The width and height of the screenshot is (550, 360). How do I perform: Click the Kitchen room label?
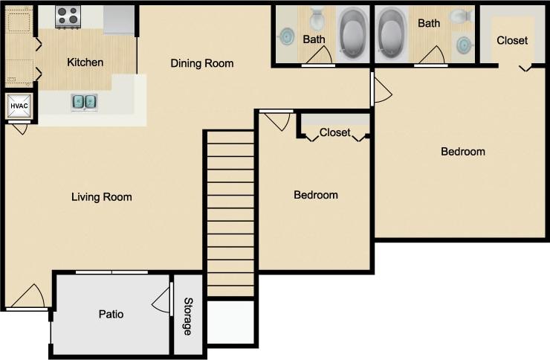(85, 62)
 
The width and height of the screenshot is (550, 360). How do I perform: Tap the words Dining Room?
(202, 63)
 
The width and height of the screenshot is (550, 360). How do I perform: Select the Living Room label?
(102, 197)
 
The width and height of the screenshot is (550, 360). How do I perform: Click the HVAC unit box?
(18, 106)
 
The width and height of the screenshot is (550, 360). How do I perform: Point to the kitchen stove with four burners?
(68, 16)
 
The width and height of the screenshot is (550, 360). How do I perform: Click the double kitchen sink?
(84, 101)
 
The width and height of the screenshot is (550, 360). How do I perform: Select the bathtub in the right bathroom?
(392, 34)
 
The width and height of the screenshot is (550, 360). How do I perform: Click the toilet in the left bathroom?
(317, 18)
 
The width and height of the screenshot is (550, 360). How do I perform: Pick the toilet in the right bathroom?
(462, 16)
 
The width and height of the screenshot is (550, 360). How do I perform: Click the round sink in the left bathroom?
(287, 36)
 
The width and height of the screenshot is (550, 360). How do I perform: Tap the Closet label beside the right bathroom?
(512, 40)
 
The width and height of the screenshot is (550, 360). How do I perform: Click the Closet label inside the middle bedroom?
(334, 132)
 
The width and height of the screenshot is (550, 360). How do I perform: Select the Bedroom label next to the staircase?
(316, 195)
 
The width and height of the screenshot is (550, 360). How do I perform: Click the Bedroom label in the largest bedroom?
(463, 152)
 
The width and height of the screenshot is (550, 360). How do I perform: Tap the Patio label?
(111, 314)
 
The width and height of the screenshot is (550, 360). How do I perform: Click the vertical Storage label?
(188, 316)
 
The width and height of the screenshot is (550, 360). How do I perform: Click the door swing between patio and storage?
(161, 301)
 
